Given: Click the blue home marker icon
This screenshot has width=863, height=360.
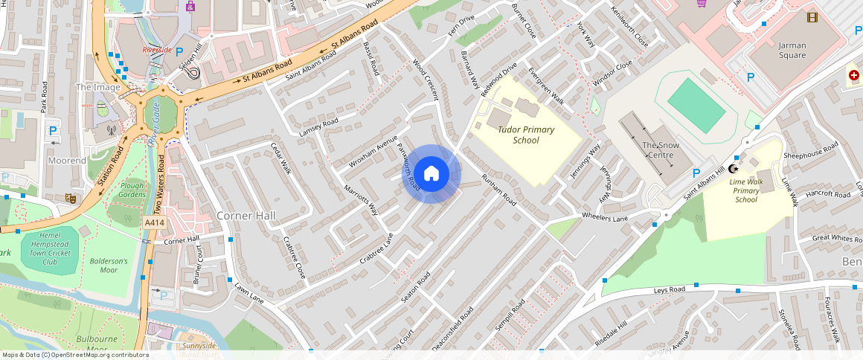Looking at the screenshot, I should click(431, 174).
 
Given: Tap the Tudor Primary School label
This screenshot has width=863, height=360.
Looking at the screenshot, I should click(526, 135).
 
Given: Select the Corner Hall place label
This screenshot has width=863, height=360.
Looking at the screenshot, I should click(246, 216).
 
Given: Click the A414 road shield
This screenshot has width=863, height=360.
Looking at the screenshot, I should click(154, 222).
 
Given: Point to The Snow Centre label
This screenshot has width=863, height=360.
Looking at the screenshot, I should click(659, 150).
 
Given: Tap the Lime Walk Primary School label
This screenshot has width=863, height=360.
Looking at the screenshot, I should click(745, 190).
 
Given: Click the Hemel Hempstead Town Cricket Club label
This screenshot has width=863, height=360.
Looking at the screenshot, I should click(50, 248).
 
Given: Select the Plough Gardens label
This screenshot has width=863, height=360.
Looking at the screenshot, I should click(132, 190).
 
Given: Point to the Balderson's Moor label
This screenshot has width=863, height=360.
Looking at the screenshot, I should click(109, 266).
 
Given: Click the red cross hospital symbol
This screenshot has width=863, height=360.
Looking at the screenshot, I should click(854, 76).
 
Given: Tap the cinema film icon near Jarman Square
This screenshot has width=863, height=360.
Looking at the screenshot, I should click(811, 17).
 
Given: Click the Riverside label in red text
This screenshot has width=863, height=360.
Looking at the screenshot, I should click(157, 51).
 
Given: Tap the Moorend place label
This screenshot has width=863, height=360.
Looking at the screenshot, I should click(67, 161).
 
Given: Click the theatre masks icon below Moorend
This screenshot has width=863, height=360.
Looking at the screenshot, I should click(71, 199).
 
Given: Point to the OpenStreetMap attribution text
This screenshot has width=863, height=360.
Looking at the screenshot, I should click(74, 355).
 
